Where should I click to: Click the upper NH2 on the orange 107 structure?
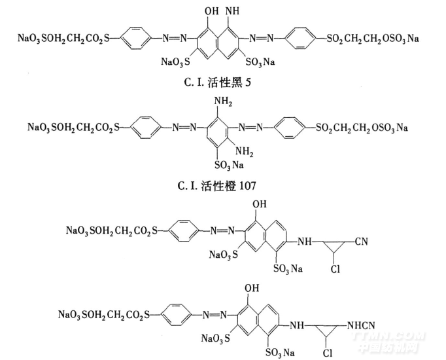click(221, 101)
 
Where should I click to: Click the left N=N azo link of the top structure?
click(171, 38)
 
